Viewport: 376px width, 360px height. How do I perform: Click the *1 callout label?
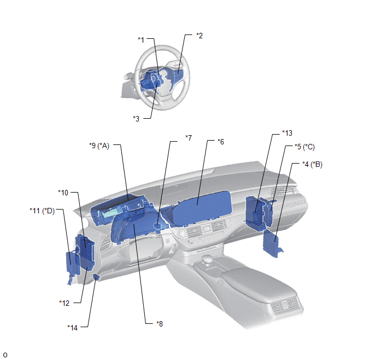pyautogui.click(x=141, y=40)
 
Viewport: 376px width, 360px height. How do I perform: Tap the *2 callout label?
pyautogui.click(x=199, y=36)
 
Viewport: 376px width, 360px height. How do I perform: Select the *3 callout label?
pyautogui.click(x=136, y=119)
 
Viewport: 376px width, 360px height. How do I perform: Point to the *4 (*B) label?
pyautogui.click(x=312, y=164)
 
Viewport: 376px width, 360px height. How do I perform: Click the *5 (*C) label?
pyautogui.click(x=304, y=147)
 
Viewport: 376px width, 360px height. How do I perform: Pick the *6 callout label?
pyautogui.click(x=221, y=142)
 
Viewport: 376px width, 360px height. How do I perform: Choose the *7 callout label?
pyautogui.click(x=189, y=138)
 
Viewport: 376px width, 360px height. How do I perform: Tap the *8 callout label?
pyautogui.click(x=160, y=324)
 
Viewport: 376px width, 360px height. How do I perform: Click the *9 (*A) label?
pyautogui.click(x=99, y=146)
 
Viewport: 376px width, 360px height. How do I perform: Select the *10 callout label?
pyautogui.click(x=63, y=193)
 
